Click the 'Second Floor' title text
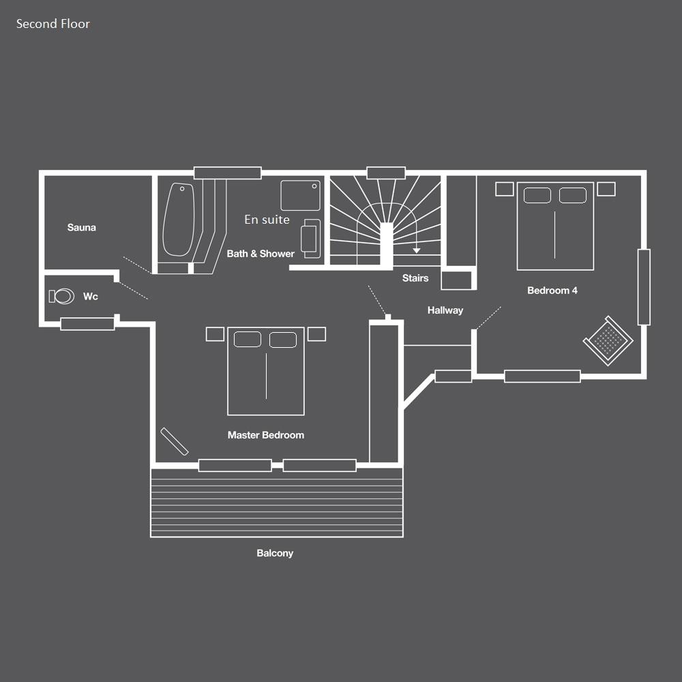[x=53, y=23]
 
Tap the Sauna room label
[x=82, y=228]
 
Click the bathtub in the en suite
[x=178, y=220]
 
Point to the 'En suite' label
[x=267, y=220]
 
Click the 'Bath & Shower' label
[x=261, y=254]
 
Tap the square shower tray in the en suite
[x=300, y=196]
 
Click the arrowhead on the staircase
[x=417, y=250]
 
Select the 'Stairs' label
[x=415, y=278]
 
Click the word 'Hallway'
[x=445, y=310]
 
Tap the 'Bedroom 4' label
[x=552, y=291]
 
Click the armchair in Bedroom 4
[x=608, y=340]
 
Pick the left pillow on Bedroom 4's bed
[x=537, y=195]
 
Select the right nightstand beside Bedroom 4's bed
[x=606, y=189]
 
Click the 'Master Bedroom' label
[x=266, y=435]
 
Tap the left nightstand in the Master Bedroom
[x=215, y=334]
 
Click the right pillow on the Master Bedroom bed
[x=283, y=340]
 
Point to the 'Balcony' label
[x=275, y=553]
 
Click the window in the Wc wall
[x=87, y=324]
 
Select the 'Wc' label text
[x=91, y=297]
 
